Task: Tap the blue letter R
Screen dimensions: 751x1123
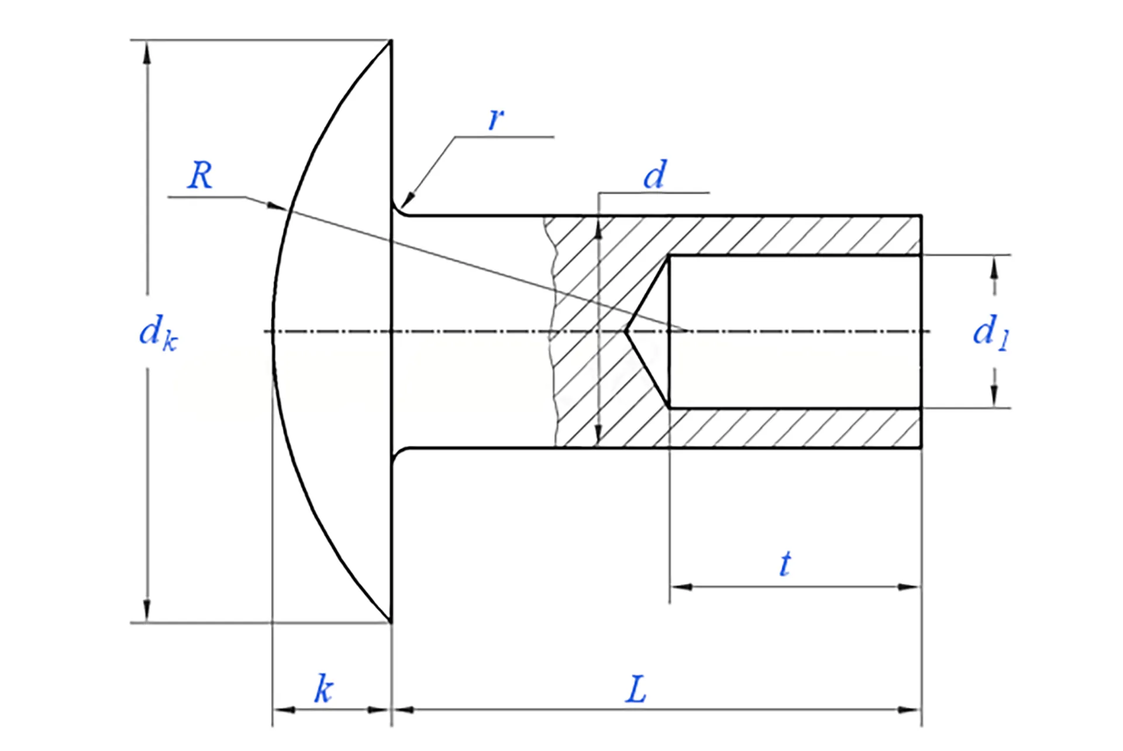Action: click(x=200, y=175)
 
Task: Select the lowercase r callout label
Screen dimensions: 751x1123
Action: click(x=495, y=119)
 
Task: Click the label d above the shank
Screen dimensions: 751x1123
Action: click(x=654, y=174)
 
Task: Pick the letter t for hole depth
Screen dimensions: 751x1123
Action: click(x=785, y=564)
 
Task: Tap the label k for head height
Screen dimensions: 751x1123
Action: click(x=323, y=689)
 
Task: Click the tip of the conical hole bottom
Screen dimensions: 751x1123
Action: click(x=625, y=331)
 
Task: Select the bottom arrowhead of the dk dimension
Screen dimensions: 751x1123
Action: click(x=147, y=612)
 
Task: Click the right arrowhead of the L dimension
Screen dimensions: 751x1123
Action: click(x=911, y=710)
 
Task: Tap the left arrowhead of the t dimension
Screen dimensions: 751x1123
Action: click(x=680, y=586)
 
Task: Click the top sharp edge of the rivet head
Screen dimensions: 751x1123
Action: click(x=391, y=41)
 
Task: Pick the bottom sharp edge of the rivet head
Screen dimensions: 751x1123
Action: click(x=391, y=622)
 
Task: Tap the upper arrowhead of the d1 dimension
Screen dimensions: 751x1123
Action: click(x=993, y=266)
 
